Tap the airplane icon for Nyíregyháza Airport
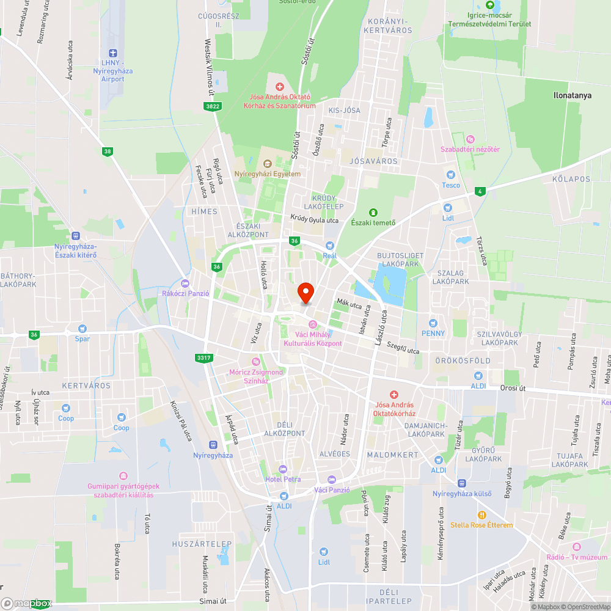coord(112,54)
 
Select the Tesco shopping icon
coord(451,175)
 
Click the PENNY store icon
coord(433,323)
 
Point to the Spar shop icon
coord(82,329)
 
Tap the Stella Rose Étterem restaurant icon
coord(481,514)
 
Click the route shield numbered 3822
coord(213,106)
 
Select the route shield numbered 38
coord(108,151)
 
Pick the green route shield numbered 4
coord(481,191)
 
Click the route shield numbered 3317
coord(203,357)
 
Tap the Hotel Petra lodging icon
coord(282,469)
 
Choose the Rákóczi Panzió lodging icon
coord(186,283)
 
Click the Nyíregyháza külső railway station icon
coord(463,483)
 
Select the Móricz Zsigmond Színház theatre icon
coord(256,362)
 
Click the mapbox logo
coord(27,603)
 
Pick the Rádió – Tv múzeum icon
coord(577,546)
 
